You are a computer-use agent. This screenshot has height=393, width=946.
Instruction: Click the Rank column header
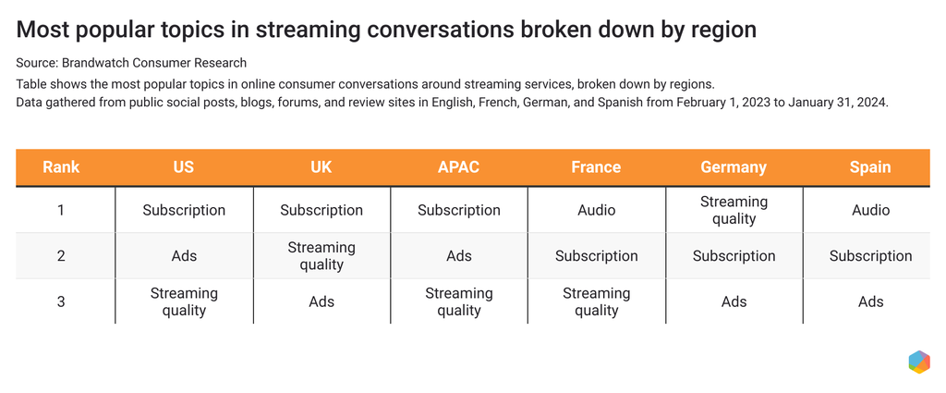61,167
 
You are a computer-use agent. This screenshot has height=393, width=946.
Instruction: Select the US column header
183,167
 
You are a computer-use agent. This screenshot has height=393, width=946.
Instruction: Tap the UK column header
321,167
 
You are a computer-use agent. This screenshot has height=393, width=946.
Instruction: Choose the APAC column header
458,167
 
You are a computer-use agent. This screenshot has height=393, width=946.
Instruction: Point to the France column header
596,167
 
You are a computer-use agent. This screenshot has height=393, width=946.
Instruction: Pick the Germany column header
734,167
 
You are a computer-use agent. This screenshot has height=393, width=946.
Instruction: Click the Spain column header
870,167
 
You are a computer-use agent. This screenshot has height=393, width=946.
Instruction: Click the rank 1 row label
61,210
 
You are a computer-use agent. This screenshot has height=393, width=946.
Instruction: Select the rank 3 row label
61,301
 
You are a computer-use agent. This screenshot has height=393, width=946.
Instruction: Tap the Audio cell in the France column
596,210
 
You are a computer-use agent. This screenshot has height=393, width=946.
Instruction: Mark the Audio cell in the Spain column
870,210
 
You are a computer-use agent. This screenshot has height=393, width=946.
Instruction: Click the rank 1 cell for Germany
734,210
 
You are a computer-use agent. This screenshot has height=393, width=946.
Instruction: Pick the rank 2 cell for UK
321,256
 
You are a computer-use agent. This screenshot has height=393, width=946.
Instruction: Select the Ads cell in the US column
183,256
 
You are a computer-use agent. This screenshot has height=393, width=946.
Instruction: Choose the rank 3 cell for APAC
458,301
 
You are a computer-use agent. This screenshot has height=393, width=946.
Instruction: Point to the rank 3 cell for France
596,301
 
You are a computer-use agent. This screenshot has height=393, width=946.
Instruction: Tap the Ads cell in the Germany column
734,301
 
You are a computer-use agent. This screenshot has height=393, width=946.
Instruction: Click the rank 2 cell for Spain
870,256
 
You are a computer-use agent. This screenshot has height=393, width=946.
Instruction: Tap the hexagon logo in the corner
918,362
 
